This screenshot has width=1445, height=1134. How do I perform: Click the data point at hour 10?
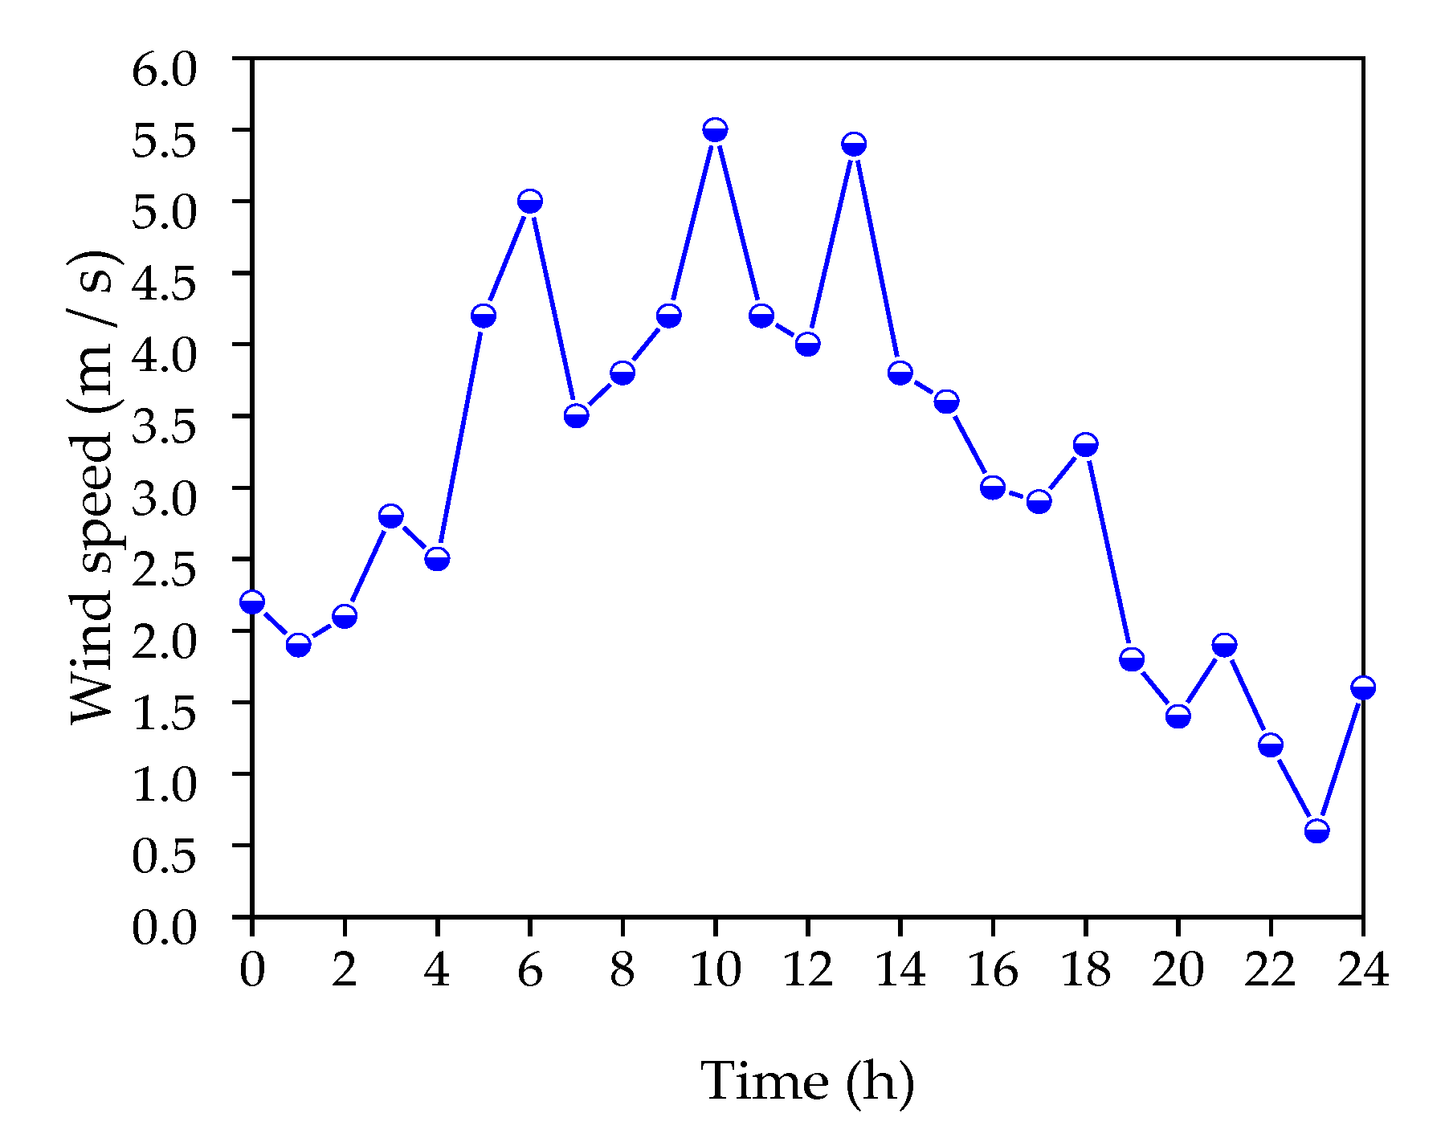[x=715, y=130]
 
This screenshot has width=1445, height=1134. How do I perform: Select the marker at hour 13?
[x=854, y=145]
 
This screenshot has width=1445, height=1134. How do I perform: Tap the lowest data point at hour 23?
[x=1316, y=830]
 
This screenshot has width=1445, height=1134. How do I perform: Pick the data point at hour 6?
[x=529, y=202]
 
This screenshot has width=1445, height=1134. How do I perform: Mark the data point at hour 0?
[x=252, y=602]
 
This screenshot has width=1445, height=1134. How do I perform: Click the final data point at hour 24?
[x=1362, y=687]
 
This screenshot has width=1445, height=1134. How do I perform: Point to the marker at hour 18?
[x=1085, y=445]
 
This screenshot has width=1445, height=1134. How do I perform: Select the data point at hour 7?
[x=576, y=416]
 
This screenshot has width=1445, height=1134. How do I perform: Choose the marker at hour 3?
[x=390, y=516]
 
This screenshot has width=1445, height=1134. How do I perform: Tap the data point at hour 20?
[x=1178, y=716]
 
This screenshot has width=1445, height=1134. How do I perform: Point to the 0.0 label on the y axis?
[x=164, y=928]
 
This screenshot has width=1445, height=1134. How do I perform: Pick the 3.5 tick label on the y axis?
[x=164, y=426]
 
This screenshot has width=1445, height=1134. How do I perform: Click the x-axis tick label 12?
[x=807, y=970]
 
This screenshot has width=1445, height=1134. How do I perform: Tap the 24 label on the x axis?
[x=1362, y=970]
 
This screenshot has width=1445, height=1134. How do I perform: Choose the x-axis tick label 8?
[x=622, y=970]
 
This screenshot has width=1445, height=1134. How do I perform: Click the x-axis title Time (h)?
[x=807, y=1082]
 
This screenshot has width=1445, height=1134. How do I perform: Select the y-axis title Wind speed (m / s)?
[x=95, y=487]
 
